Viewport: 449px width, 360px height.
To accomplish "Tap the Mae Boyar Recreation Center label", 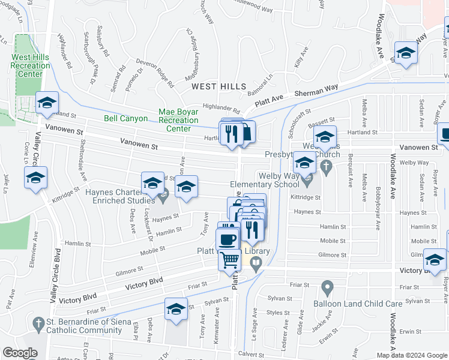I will (x=178, y=120).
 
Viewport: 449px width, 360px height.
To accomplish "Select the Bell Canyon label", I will (x=125, y=119).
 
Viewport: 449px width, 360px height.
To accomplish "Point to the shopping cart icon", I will (x=230, y=260).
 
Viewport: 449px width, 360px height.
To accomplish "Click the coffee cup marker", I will (x=227, y=239).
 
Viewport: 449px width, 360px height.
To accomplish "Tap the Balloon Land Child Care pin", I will (x=327, y=289).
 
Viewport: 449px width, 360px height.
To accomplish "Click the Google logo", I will (x=20, y=353).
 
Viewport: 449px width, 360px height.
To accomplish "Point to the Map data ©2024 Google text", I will (x=411, y=355).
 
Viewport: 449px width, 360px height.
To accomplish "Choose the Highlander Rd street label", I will (x=221, y=111).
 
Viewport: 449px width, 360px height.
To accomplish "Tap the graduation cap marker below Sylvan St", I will (x=175, y=309).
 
